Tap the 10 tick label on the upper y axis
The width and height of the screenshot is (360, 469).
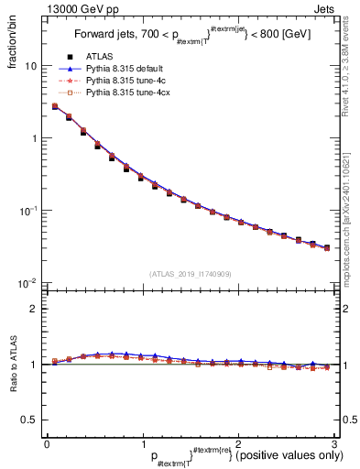30,67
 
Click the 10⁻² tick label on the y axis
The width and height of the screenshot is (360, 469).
27,282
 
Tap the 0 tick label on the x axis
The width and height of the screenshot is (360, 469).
46,443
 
